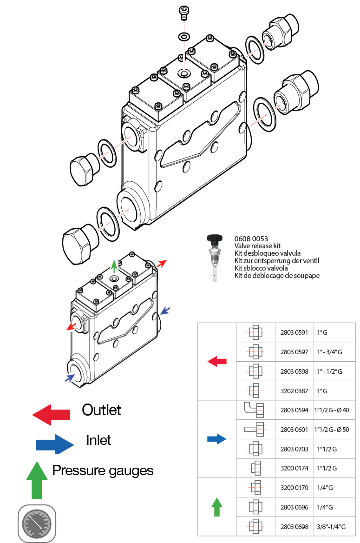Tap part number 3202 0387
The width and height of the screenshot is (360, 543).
295,391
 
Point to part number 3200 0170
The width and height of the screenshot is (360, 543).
295,488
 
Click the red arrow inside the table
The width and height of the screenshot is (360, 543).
216,361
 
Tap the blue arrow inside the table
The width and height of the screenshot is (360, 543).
216,439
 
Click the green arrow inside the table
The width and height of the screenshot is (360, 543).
216,507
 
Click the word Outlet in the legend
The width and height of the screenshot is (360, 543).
101,410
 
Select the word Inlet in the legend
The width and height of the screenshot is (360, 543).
98,440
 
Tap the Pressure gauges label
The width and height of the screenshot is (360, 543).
103,470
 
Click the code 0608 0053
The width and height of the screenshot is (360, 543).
251,239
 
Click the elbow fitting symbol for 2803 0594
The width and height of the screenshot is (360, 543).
254,410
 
